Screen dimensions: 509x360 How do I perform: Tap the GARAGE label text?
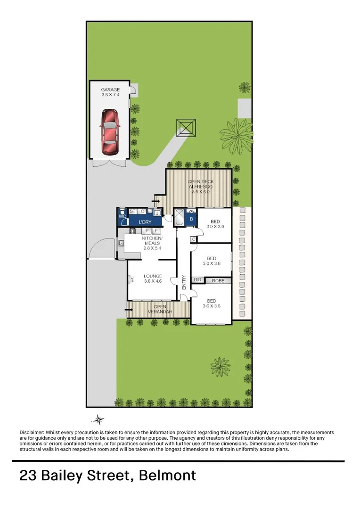[110, 90]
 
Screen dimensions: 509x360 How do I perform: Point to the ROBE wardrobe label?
[218, 281]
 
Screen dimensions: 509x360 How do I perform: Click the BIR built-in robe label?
[197, 281]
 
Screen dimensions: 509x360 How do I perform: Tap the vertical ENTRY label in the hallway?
[184, 282]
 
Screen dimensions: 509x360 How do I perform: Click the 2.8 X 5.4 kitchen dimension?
[152, 248]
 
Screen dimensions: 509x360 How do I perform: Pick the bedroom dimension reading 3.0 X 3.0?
[215, 227]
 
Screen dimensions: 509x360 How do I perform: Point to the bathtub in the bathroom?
[180, 219]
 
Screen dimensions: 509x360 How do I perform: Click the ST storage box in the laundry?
[132, 212]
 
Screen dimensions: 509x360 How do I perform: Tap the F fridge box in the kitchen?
[156, 230]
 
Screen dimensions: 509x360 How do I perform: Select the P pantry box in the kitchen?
[147, 230]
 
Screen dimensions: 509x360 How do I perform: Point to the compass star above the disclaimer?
[98, 419]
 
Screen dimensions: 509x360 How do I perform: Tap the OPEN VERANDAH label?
[160, 309]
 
